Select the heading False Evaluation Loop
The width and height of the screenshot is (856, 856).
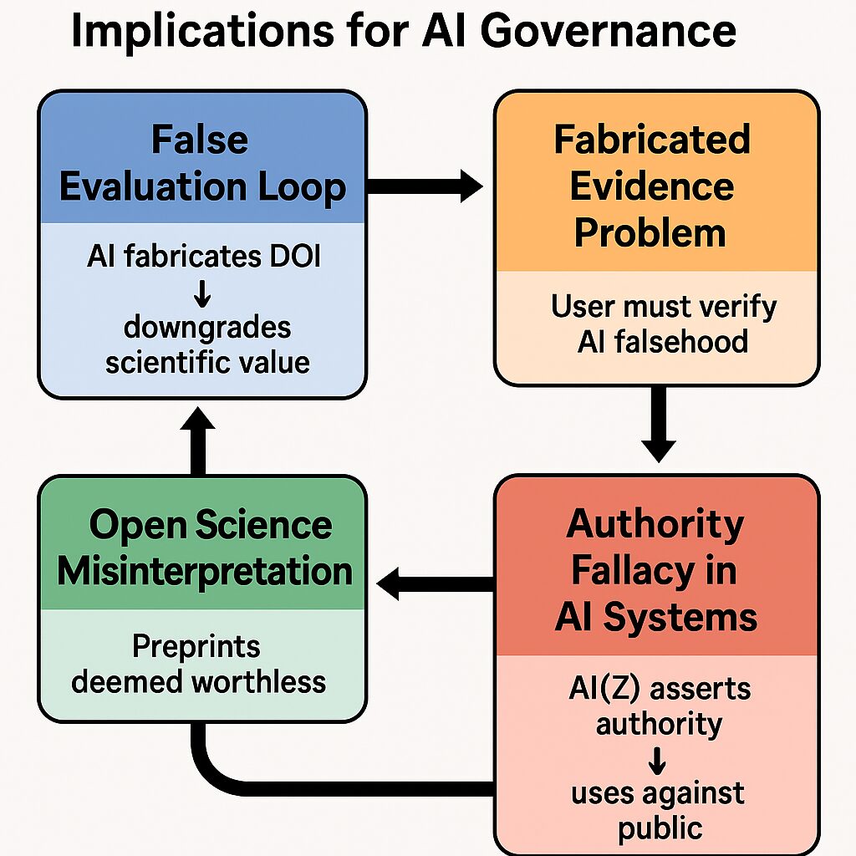[x=202, y=164]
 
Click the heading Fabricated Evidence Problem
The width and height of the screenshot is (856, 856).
[x=652, y=186]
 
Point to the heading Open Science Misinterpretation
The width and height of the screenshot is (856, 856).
[x=205, y=548]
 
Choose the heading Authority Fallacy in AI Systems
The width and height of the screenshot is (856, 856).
[x=655, y=571]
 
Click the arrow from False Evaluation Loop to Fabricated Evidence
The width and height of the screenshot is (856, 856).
[x=425, y=186]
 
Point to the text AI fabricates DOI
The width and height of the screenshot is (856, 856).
[x=203, y=257]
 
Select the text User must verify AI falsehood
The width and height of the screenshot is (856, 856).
[x=663, y=324]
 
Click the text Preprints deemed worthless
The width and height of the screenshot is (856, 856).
[x=199, y=665]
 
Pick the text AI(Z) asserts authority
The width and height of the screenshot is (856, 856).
[x=658, y=705]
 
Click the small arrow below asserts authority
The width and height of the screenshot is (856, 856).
[x=658, y=758]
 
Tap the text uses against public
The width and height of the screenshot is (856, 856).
[x=658, y=809]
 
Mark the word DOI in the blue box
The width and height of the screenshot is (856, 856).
[x=290, y=257]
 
